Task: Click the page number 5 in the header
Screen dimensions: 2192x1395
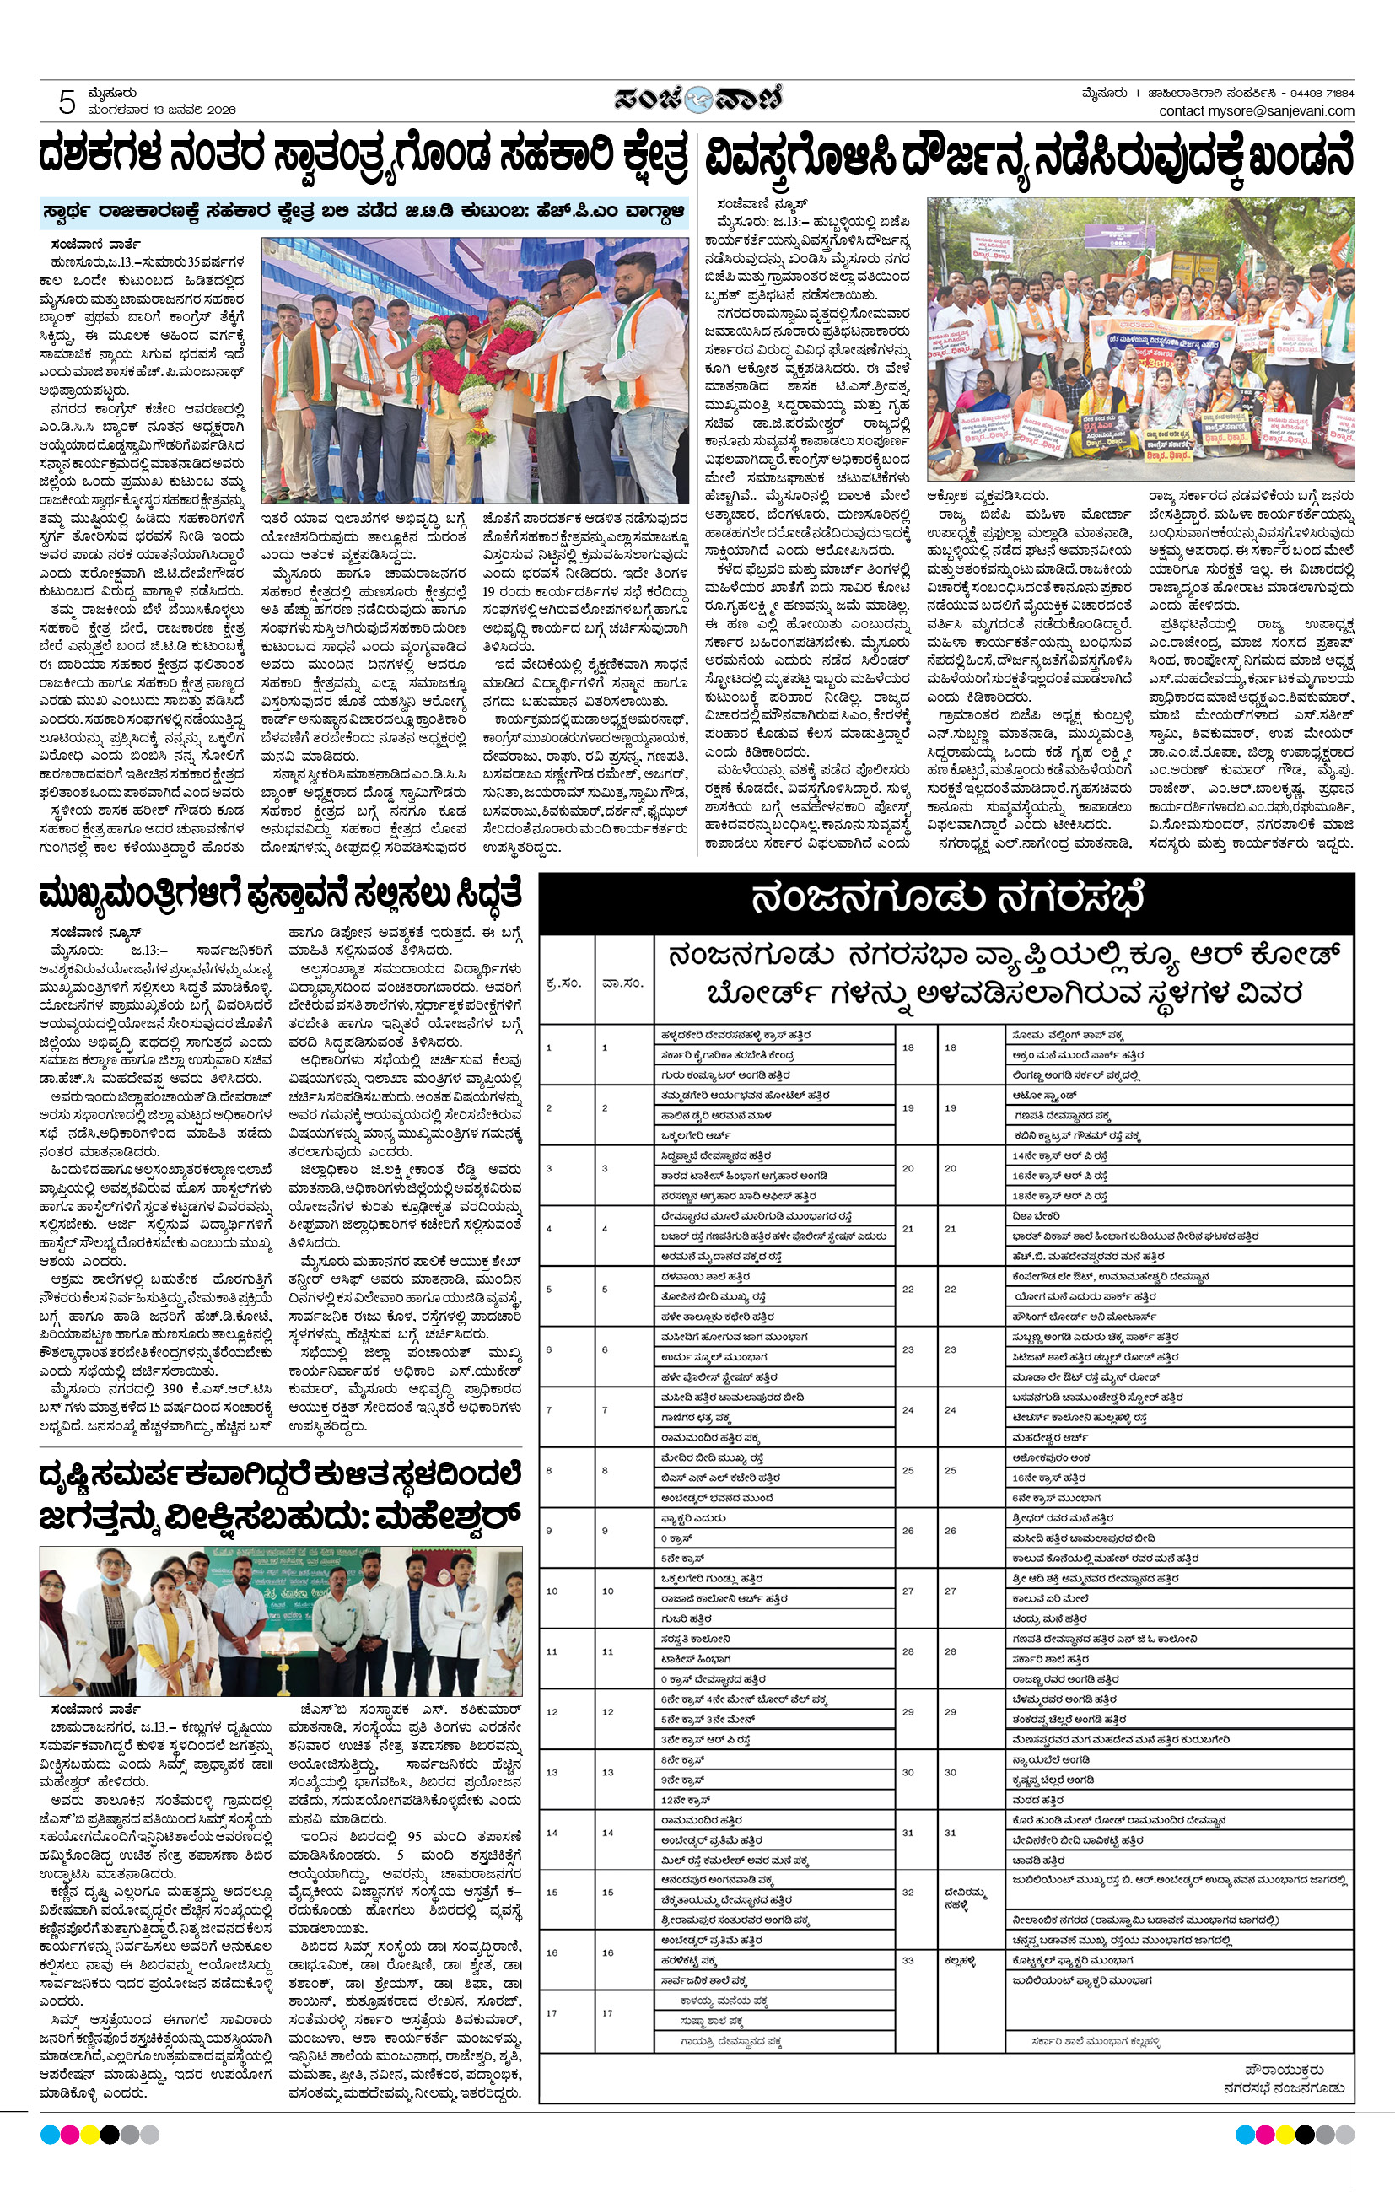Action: [67, 102]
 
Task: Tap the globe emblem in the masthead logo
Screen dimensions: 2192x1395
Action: [698, 99]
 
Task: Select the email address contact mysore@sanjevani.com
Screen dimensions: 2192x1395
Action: [1256, 111]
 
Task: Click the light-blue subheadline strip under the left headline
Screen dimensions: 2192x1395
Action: [364, 211]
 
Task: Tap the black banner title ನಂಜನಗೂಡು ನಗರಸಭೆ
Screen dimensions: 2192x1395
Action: [946, 899]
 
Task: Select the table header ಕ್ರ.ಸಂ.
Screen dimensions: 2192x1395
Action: [563, 983]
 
